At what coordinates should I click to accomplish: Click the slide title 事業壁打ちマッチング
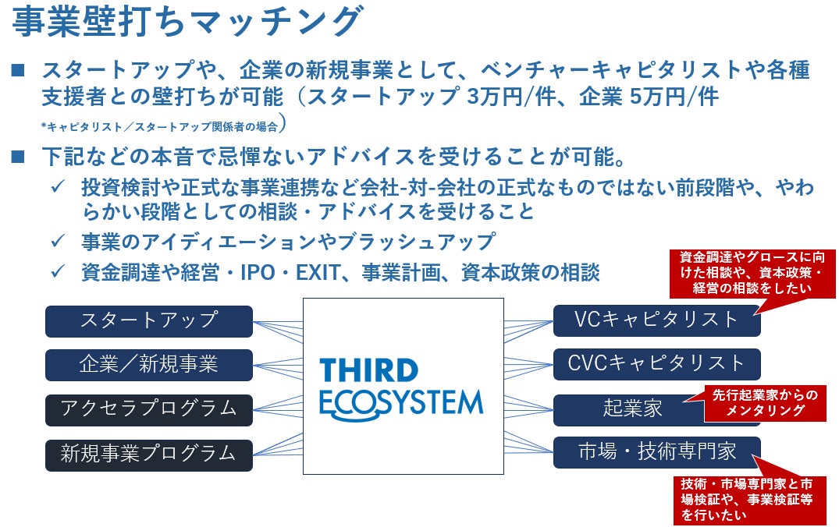(187, 23)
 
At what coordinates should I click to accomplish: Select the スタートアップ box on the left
(148, 320)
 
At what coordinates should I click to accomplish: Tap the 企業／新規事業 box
(148, 364)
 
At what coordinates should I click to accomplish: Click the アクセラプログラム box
(148, 409)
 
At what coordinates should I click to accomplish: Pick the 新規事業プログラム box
(148, 453)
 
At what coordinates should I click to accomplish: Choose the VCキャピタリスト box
(656, 320)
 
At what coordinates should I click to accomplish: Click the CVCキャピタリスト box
(656, 363)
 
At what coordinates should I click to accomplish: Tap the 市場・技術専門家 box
(656, 451)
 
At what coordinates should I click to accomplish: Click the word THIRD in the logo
(368, 370)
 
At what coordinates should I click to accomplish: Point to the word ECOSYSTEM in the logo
(401, 404)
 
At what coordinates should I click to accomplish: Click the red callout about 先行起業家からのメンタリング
(765, 402)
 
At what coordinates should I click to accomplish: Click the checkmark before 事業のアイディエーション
(57, 242)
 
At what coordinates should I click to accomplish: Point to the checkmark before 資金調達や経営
(57, 272)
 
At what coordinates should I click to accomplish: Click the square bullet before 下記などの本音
(20, 157)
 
